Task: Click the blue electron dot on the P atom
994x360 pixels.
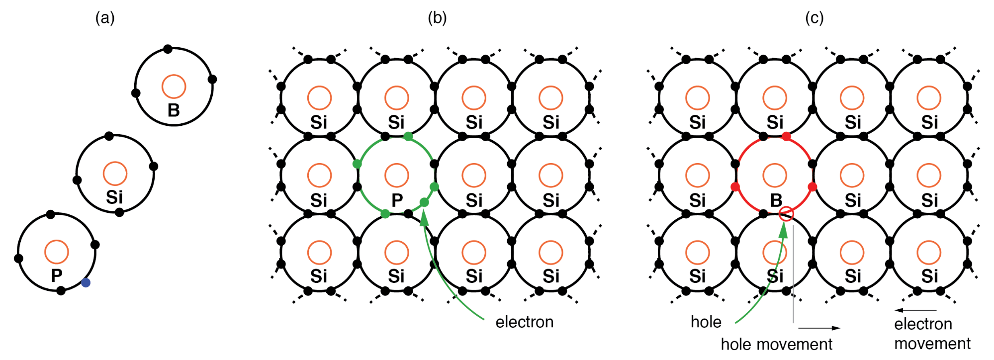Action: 86,282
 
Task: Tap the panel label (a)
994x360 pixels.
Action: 105,18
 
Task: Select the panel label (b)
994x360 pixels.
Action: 437,18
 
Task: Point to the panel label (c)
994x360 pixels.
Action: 814,18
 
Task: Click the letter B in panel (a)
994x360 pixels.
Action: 174,110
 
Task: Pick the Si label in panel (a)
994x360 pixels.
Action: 114,197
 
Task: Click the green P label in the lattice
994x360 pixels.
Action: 397,200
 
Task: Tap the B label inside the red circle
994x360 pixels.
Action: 776,200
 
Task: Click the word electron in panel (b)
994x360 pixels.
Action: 524,322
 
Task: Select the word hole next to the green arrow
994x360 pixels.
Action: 706,322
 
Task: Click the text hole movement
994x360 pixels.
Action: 776,344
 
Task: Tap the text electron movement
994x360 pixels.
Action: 932,334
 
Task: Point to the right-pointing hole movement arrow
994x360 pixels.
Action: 819,328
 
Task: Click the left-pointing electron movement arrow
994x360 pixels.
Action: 915,310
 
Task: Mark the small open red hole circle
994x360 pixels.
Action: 786,214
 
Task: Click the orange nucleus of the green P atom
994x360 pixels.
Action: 397,175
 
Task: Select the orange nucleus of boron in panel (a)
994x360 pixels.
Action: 174,87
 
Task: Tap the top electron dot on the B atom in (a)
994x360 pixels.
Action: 168,49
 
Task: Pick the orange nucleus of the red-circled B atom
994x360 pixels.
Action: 775,175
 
